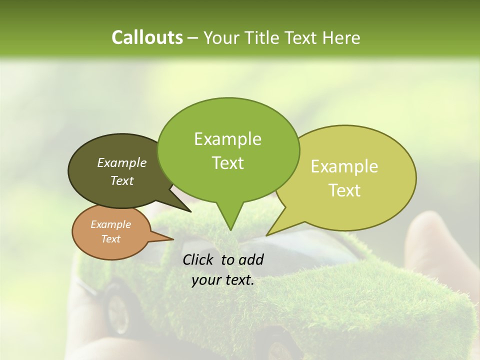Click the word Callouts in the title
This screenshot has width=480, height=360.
(x=147, y=37)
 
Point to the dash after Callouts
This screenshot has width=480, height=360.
(x=193, y=38)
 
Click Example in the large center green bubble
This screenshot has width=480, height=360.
(x=227, y=139)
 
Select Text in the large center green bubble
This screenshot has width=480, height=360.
(x=227, y=163)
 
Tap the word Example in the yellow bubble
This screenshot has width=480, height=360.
(x=344, y=166)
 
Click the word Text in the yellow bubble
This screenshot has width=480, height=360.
(x=344, y=190)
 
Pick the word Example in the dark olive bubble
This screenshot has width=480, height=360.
(x=122, y=163)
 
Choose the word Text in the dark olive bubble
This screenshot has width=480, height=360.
(x=122, y=180)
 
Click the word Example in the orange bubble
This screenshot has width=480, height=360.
(x=110, y=224)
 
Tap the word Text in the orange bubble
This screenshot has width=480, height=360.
(x=110, y=239)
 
